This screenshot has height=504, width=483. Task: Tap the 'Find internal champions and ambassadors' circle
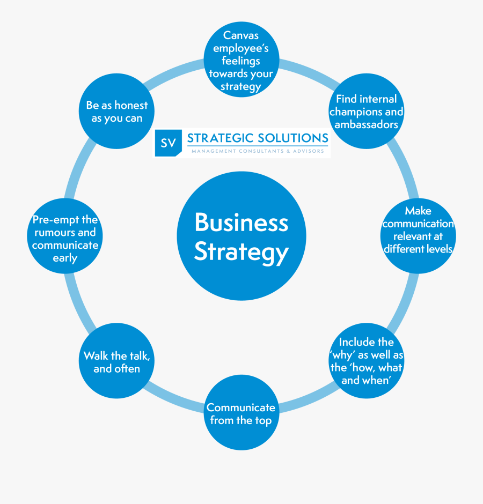tap(367, 112)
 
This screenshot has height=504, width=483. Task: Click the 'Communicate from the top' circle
tap(241, 414)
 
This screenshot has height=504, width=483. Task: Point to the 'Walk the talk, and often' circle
tap(116, 362)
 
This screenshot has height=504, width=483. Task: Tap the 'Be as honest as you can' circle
tap(116, 112)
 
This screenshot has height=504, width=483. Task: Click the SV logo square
tap(168, 143)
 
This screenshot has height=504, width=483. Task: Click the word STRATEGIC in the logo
tap(220, 138)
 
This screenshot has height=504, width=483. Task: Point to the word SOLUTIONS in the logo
tap(292, 138)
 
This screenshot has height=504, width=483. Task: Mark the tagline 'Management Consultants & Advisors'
tap(258, 151)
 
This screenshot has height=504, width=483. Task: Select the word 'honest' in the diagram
tap(131, 106)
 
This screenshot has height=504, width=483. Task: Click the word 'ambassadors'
tap(367, 124)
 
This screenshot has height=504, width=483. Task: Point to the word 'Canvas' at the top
tap(241, 36)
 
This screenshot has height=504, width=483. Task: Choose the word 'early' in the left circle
tap(65, 258)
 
